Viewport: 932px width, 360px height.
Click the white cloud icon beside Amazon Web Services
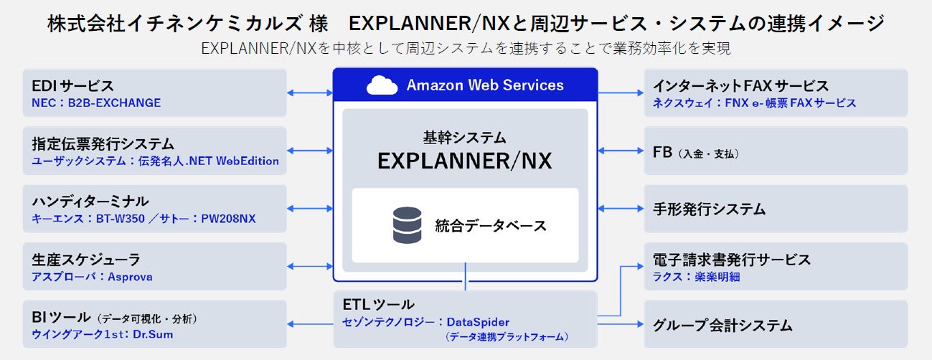(x=382, y=85)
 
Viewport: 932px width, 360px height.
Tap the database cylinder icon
(x=407, y=225)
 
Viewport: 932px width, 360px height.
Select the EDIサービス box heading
(x=73, y=87)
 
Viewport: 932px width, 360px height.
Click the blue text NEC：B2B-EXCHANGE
(x=96, y=103)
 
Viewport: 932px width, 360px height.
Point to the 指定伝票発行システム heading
(x=103, y=144)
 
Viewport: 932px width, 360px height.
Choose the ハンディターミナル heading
(x=90, y=202)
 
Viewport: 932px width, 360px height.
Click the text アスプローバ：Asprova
(x=92, y=277)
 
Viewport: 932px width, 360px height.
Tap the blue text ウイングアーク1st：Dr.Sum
(x=102, y=334)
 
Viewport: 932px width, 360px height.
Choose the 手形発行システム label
(x=709, y=209)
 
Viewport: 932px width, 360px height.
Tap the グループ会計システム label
(x=722, y=326)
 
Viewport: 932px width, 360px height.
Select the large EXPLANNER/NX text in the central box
(x=465, y=161)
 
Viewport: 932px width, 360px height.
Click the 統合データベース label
(x=491, y=226)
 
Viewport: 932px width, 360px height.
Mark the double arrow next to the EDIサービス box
(x=310, y=93)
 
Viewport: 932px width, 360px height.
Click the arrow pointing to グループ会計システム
(x=621, y=324)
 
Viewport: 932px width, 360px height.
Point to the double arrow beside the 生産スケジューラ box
(x=310, y=267)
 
